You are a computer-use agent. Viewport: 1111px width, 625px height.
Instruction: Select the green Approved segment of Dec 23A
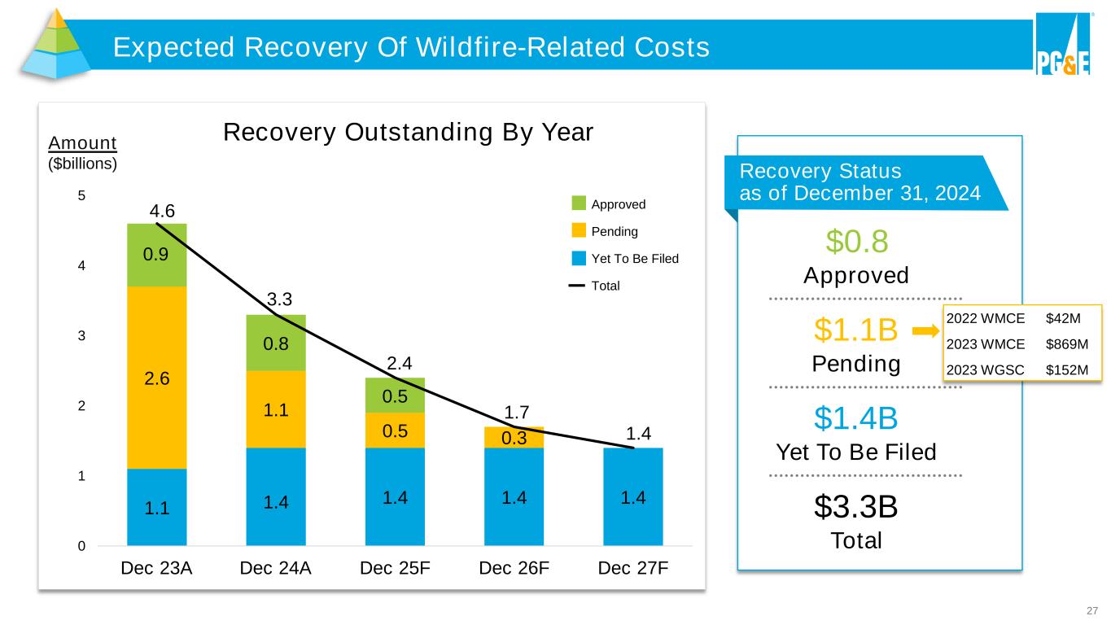click(x=157, y=255)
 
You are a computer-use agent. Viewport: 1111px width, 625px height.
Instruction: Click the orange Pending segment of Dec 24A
click(x=276, y=409)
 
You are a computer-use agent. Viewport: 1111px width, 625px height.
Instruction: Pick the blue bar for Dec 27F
click(x=633, y=496)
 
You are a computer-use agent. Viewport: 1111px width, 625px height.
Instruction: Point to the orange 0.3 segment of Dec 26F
click(x=514, y=437)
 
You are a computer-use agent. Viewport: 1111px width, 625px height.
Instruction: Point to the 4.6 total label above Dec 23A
click(x=163, y=212)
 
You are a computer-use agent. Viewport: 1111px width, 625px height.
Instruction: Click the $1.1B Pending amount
click(x=855, y=330)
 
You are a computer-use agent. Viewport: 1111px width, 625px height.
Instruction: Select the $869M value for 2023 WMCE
click(x=1066, y=343)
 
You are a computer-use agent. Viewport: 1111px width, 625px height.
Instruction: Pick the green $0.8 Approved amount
click(x=856, y=241)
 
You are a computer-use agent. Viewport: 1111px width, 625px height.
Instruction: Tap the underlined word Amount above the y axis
click(x=82, y=143)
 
